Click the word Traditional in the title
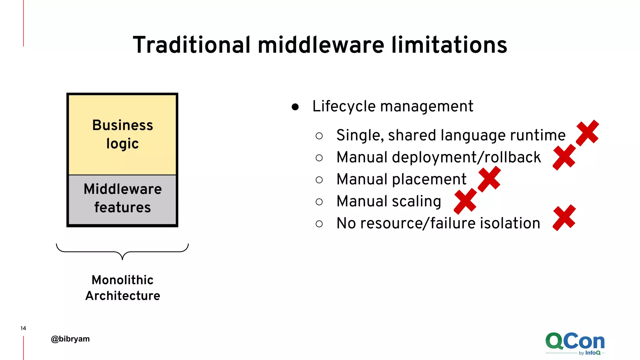pyautogui.click(x=192, y=45)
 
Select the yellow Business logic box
pyautogui.click(x=122, y=134)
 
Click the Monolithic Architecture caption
pyautogui.click(x=122, y=287)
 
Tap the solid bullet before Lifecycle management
pyautogui.click(x=295, y=107)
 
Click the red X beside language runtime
pyautogui.click(x=587, y=133)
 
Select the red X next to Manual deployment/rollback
pyautogui.click(x=564, y=157)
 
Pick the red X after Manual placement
pyautogui.click(x=489, y=179)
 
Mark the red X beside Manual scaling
pyautogui.click(x=465, y=201)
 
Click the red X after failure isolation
pyautogui.click(x=564, y=218)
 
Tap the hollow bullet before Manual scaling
pyautogui.click(x=319, y=202)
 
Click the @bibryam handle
pyautogui.click(x=70, y=339)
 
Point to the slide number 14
pyautogui.click(x=23, y=328)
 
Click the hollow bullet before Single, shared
pyautogui.click(x=319, y=136)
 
